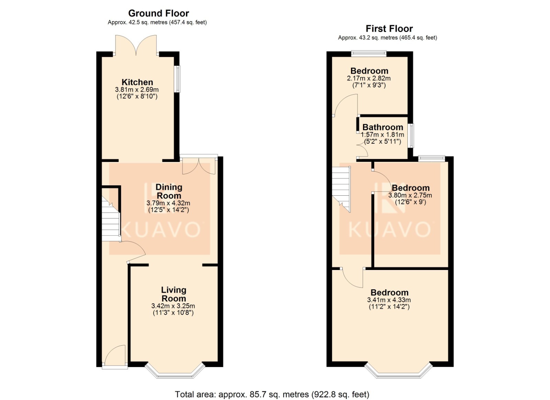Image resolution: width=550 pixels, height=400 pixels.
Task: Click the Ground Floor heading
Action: pyautogui.click(x=158, y=13)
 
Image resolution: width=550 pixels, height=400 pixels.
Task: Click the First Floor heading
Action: pyautogui.click(x=389, y=29)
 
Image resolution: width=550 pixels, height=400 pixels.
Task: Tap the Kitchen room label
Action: pyautogui.click(x=137, y=82)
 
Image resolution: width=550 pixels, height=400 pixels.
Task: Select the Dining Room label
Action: pyautogui.click(x=169, y=191)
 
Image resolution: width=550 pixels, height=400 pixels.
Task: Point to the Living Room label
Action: pyautogui.click(x=174, y=294)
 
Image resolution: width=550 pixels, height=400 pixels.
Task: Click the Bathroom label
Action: pyautogui.click(x=383, y=127)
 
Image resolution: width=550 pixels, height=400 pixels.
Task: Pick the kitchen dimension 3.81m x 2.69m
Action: pyautogui.click(x=137, y=90)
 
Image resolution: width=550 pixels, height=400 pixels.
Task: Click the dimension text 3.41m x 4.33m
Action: pyautogui.click(x=389, y=300)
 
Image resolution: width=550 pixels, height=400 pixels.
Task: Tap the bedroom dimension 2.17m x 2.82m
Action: pyautogui.click(x=368, y=78)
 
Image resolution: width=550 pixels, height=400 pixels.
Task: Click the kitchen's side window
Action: pyautogui.click(x=177, y=79)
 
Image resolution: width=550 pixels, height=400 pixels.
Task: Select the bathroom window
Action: pyautogui.click(x=410, y=136)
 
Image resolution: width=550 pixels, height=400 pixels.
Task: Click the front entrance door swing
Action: pyautogui.click(x=115, y=355)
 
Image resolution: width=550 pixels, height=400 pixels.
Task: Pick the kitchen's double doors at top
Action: pyautogui.click(x=136, y=45)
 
